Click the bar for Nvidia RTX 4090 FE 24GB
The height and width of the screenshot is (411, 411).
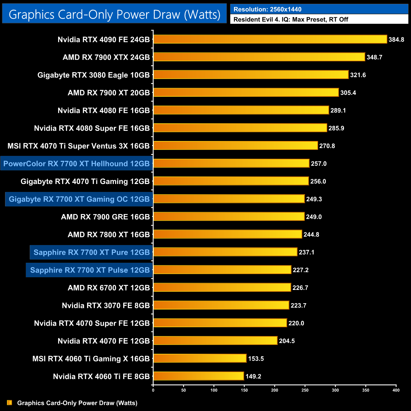[270, 39]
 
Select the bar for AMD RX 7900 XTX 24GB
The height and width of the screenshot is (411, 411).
[259, 57]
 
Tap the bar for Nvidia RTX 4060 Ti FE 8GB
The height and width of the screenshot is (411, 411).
[199, 376]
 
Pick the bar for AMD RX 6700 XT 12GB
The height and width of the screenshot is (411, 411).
[222, 287]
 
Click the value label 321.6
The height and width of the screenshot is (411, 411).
[358, 75]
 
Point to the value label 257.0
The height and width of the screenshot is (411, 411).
[319, 163]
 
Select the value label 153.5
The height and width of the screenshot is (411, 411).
[256, 359]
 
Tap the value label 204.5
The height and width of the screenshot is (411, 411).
[287, 341]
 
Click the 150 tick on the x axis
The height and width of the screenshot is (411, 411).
[244, 390]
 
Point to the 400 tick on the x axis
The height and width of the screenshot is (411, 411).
[396, 390]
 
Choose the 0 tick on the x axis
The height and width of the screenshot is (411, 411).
[153, 390]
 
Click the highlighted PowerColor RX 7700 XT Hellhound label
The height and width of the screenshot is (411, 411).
[77, 163]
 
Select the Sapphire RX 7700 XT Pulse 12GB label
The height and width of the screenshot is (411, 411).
[90, 270]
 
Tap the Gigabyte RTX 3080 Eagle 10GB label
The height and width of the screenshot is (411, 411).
[94, 75]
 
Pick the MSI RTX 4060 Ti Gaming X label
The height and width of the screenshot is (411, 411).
[91, 359]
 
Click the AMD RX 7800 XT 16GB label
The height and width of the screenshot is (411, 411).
[109, 235]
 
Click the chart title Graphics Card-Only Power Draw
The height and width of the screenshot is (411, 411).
[114, 14]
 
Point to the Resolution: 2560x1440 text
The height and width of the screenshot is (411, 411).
[267, 9]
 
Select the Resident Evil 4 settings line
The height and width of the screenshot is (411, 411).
[291, 19]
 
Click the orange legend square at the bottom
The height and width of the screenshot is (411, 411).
[9, 402]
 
